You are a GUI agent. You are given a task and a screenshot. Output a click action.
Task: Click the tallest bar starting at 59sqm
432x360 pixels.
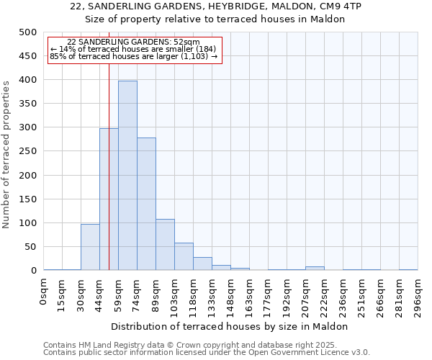click(x=127, y=176)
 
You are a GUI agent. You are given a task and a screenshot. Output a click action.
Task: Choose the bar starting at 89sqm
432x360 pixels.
click(x=165, y=245)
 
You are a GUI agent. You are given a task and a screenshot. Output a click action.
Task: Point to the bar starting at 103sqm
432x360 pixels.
click(x=184, y=257)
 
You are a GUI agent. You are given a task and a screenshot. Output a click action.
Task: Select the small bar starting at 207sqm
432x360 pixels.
click(x=315, y=269)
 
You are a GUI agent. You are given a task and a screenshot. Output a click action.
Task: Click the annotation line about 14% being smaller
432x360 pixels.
click(x=133, y=49)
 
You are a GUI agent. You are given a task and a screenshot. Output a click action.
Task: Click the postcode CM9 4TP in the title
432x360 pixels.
click(x=341, y=6)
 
